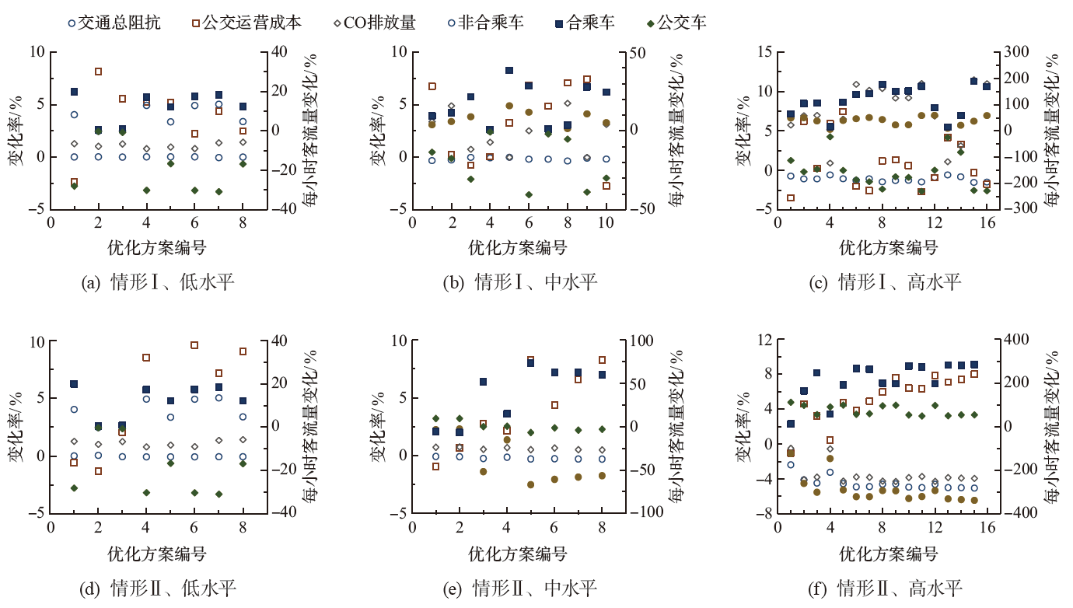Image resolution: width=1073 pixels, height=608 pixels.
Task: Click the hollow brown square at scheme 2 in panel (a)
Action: tap(99, 72)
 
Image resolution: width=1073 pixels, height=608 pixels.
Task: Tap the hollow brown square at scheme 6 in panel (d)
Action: tap(194, 345)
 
